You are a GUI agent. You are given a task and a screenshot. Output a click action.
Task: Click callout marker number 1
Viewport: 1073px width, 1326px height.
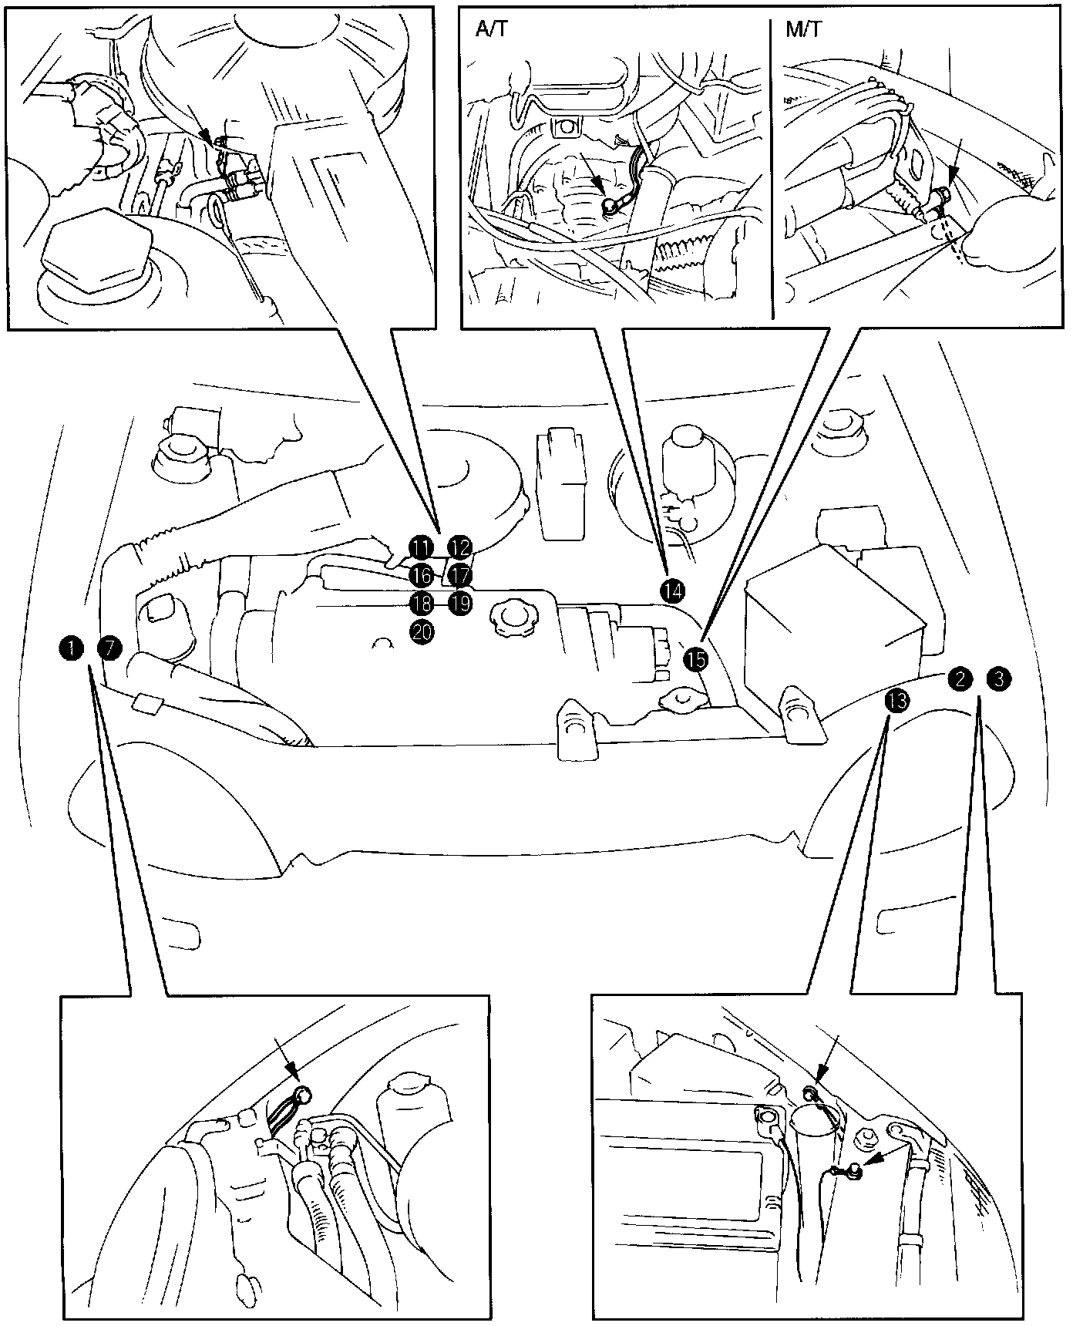71,647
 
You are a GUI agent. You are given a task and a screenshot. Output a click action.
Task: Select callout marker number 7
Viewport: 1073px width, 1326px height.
110,647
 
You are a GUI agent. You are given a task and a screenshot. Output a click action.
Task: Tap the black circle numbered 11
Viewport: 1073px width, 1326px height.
421,548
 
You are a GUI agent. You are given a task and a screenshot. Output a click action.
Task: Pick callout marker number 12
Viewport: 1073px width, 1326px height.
460,548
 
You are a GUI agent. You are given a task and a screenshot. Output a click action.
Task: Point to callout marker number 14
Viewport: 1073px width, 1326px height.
671,591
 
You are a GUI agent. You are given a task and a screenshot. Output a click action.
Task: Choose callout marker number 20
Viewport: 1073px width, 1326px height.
422,631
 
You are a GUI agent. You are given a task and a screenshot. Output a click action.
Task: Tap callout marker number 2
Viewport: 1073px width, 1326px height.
960,678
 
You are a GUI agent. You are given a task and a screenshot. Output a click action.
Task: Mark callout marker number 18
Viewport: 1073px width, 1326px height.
421,603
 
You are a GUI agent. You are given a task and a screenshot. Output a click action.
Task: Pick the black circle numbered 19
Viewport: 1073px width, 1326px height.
460,603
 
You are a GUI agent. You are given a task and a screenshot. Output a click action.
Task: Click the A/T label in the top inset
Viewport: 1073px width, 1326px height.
491,29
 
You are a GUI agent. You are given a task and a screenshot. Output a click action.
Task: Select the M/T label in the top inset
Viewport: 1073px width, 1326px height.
804,29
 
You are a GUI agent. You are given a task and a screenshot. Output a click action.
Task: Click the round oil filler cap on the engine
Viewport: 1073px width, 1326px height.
512,617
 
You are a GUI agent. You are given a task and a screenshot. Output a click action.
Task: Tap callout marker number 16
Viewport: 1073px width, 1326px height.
421,575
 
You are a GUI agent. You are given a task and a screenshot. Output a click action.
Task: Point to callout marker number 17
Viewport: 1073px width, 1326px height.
460,575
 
